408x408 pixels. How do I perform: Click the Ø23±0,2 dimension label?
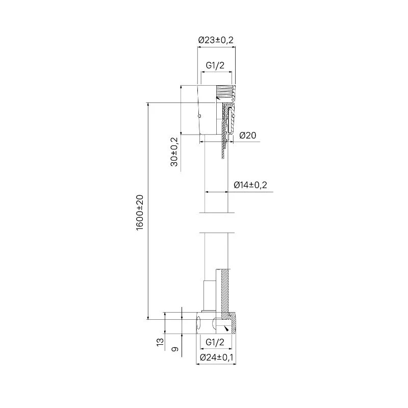(216, 40)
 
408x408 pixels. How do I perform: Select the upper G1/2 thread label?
(215, 65)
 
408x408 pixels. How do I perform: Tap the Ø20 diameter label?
(247, 135)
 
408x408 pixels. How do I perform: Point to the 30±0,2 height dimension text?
(174, 151)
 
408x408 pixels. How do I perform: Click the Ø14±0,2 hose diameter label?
(250, 185)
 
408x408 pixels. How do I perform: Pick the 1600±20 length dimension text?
(140, 212)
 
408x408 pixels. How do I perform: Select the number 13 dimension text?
(160, 342)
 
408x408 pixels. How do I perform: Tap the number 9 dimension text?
(175, 349)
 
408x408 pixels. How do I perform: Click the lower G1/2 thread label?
(215, 342)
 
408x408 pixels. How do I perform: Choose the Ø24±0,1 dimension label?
(216, 358)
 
